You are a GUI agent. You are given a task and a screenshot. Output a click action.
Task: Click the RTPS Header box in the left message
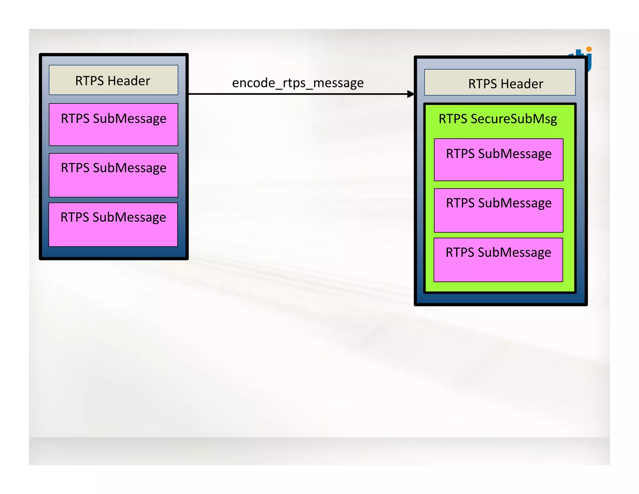point(113,80)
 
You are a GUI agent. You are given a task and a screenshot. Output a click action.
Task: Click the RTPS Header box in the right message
point(500,82)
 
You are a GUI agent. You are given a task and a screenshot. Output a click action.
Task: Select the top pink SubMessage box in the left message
point(113,124)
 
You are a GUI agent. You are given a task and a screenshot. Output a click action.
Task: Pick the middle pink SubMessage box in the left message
point(113,175)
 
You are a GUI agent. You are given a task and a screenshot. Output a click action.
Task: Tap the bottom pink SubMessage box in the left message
point(113,225)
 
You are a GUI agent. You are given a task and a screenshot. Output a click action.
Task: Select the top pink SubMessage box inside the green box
point(498,160)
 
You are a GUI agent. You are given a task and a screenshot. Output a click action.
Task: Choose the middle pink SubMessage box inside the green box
point(498,210)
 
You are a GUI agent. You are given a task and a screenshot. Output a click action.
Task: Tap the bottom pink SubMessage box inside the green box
point(498,260)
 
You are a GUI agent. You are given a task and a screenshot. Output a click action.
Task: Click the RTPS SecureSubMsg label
point(498,119)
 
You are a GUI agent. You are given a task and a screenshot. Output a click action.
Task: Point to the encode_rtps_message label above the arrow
point(298,83)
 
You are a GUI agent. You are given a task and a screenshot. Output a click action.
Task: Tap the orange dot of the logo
point(589,49)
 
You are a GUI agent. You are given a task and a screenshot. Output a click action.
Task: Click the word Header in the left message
point(129,81)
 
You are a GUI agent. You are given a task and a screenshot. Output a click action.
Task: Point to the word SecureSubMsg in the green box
point(514,119)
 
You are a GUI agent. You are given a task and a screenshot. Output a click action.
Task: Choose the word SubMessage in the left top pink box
point(129,119)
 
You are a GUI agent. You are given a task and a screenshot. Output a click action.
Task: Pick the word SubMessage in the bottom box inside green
point(514,253)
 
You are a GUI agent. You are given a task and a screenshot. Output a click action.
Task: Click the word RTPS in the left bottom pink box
point(75,217)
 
